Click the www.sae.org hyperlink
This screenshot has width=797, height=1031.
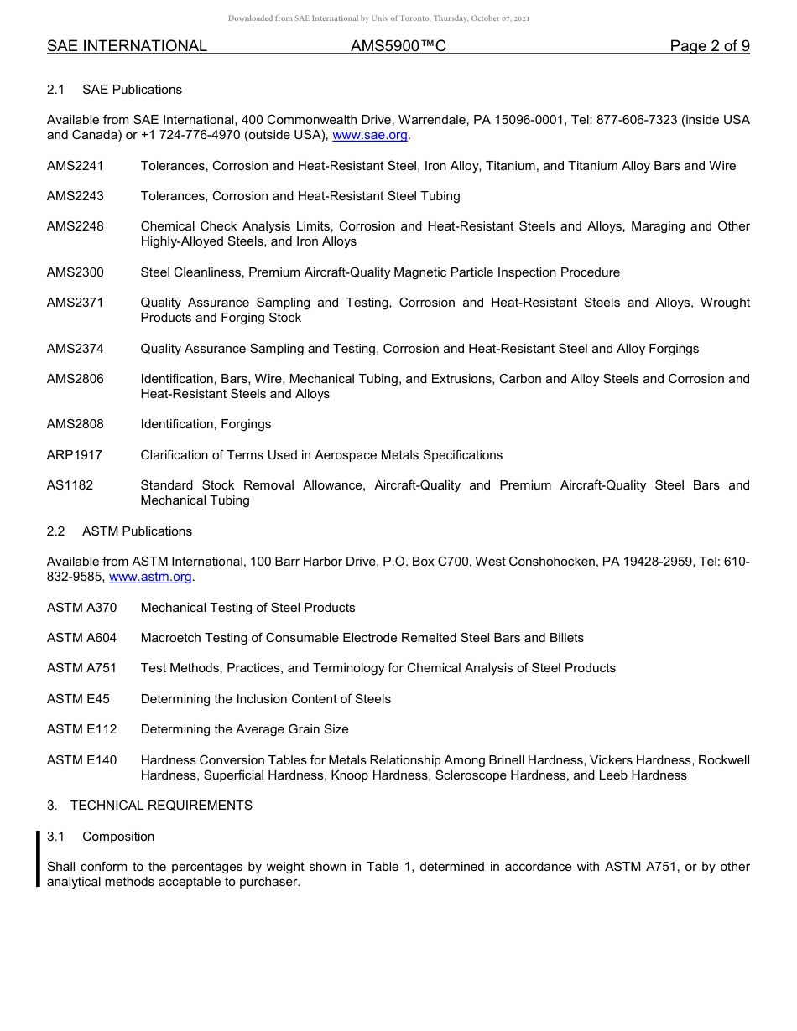point(370,135)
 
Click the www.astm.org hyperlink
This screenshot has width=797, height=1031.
point(151,577)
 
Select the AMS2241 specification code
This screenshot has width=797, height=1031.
point(76,166)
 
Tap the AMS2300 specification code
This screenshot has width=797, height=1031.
point(76,272)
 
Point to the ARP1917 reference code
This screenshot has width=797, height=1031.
point(75,455)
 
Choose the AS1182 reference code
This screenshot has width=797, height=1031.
point(70,485)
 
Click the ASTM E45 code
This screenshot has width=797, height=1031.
point(78,699)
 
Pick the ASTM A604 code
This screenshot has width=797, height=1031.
point(81,638)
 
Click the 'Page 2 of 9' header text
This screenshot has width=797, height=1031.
point(710,46)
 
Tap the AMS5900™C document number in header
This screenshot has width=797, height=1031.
point(398,46)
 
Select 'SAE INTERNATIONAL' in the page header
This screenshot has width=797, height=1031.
point(127,46)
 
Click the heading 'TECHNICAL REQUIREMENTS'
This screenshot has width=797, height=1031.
point(161,806)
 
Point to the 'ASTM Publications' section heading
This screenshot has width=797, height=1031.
point(137,531)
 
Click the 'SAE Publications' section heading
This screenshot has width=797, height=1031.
point(132,90)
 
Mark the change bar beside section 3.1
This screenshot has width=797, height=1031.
point(38,857)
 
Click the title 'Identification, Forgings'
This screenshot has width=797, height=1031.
point(206,424)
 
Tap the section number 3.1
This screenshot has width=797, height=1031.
point(56,837)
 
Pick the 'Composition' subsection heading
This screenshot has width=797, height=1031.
point(118,837)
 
